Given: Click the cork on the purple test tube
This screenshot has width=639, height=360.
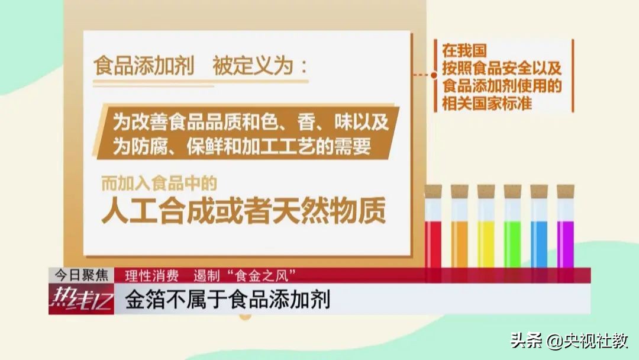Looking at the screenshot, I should tap(565, 191).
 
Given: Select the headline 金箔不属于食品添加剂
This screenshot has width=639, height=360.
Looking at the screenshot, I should tap(227, 300).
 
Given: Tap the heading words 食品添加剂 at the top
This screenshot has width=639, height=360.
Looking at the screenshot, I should tap(144, 66).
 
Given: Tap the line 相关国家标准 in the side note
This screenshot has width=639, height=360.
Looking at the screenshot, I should tap(487, 103).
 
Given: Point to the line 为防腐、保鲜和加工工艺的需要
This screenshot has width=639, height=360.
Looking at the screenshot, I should tap(242, 146).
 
